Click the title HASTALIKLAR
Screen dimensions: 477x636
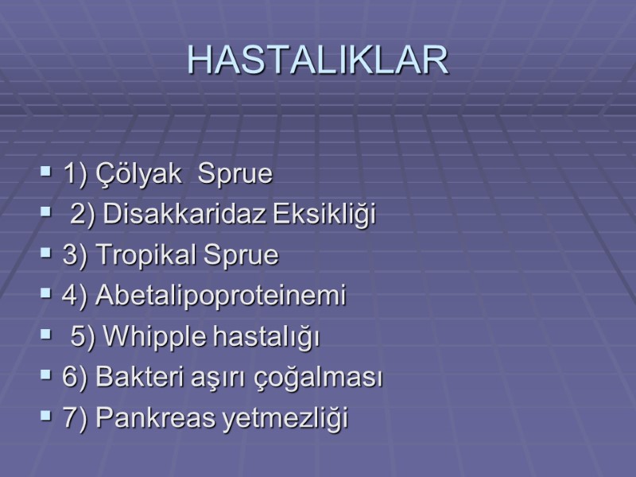(x=318, y=60)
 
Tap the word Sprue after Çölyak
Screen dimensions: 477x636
(x=235, y=174)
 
